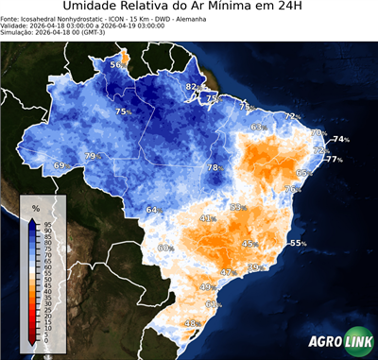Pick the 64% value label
(152, 210)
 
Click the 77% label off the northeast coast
(334, 160)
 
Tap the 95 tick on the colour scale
(46, 222)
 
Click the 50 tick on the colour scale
(46, 280)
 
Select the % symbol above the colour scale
(35, 207)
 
